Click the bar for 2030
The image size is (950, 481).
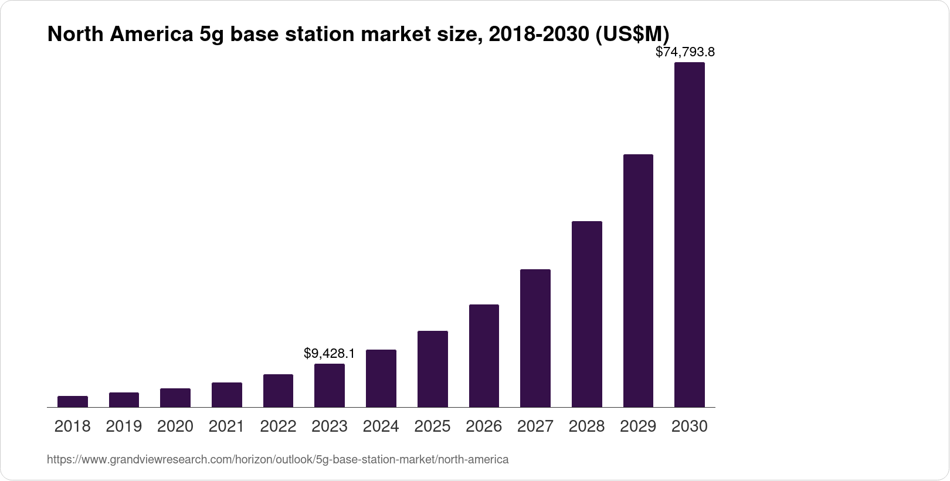click(689, 235)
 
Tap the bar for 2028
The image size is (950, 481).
click(586, 314)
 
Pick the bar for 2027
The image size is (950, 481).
click(535, 338)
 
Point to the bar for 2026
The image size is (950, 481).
click(484, 355)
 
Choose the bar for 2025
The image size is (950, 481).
click(432, 369)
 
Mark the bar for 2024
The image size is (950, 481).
click(381, 378)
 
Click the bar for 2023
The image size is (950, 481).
click(330, 385)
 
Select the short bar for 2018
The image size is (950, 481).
click(73, 401)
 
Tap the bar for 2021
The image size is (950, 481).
click(227, 395)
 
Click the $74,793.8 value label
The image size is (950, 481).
click(685, 52)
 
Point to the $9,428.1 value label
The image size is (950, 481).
click(329, 353)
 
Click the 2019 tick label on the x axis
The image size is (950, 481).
click(124, 426)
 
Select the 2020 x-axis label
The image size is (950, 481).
click(175, 426)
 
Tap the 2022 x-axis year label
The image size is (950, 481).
click(278, 426)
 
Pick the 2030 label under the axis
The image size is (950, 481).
click(689, 426)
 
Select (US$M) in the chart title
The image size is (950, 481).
click(632, 35)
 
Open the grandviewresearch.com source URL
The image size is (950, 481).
click(277, 459)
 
